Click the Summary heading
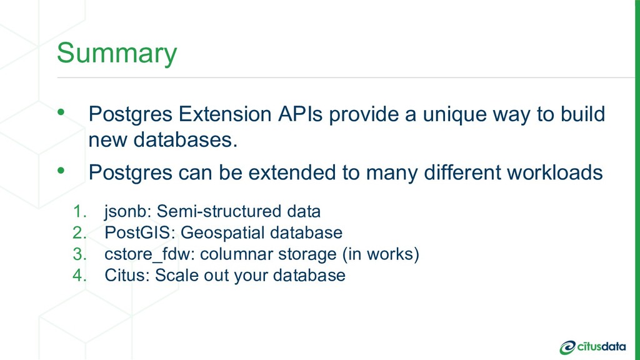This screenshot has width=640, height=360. [x=117, y=53]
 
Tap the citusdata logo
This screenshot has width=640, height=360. [x=592, y=347]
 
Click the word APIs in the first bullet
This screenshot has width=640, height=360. [x=301, y=114]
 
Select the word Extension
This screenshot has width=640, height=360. [x=225, y=114]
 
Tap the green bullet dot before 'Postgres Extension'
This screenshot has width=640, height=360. [x=61, y=111]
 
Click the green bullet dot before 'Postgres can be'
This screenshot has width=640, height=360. [x=61, y=170]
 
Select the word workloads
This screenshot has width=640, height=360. [x=555, y=172]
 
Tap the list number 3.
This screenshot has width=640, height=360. [x=79, y=254]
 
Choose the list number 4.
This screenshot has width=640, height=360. [x=79, y=275]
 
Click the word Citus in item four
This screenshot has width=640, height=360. [x=127, y=275]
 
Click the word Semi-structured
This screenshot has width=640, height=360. [x=219, y=211]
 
